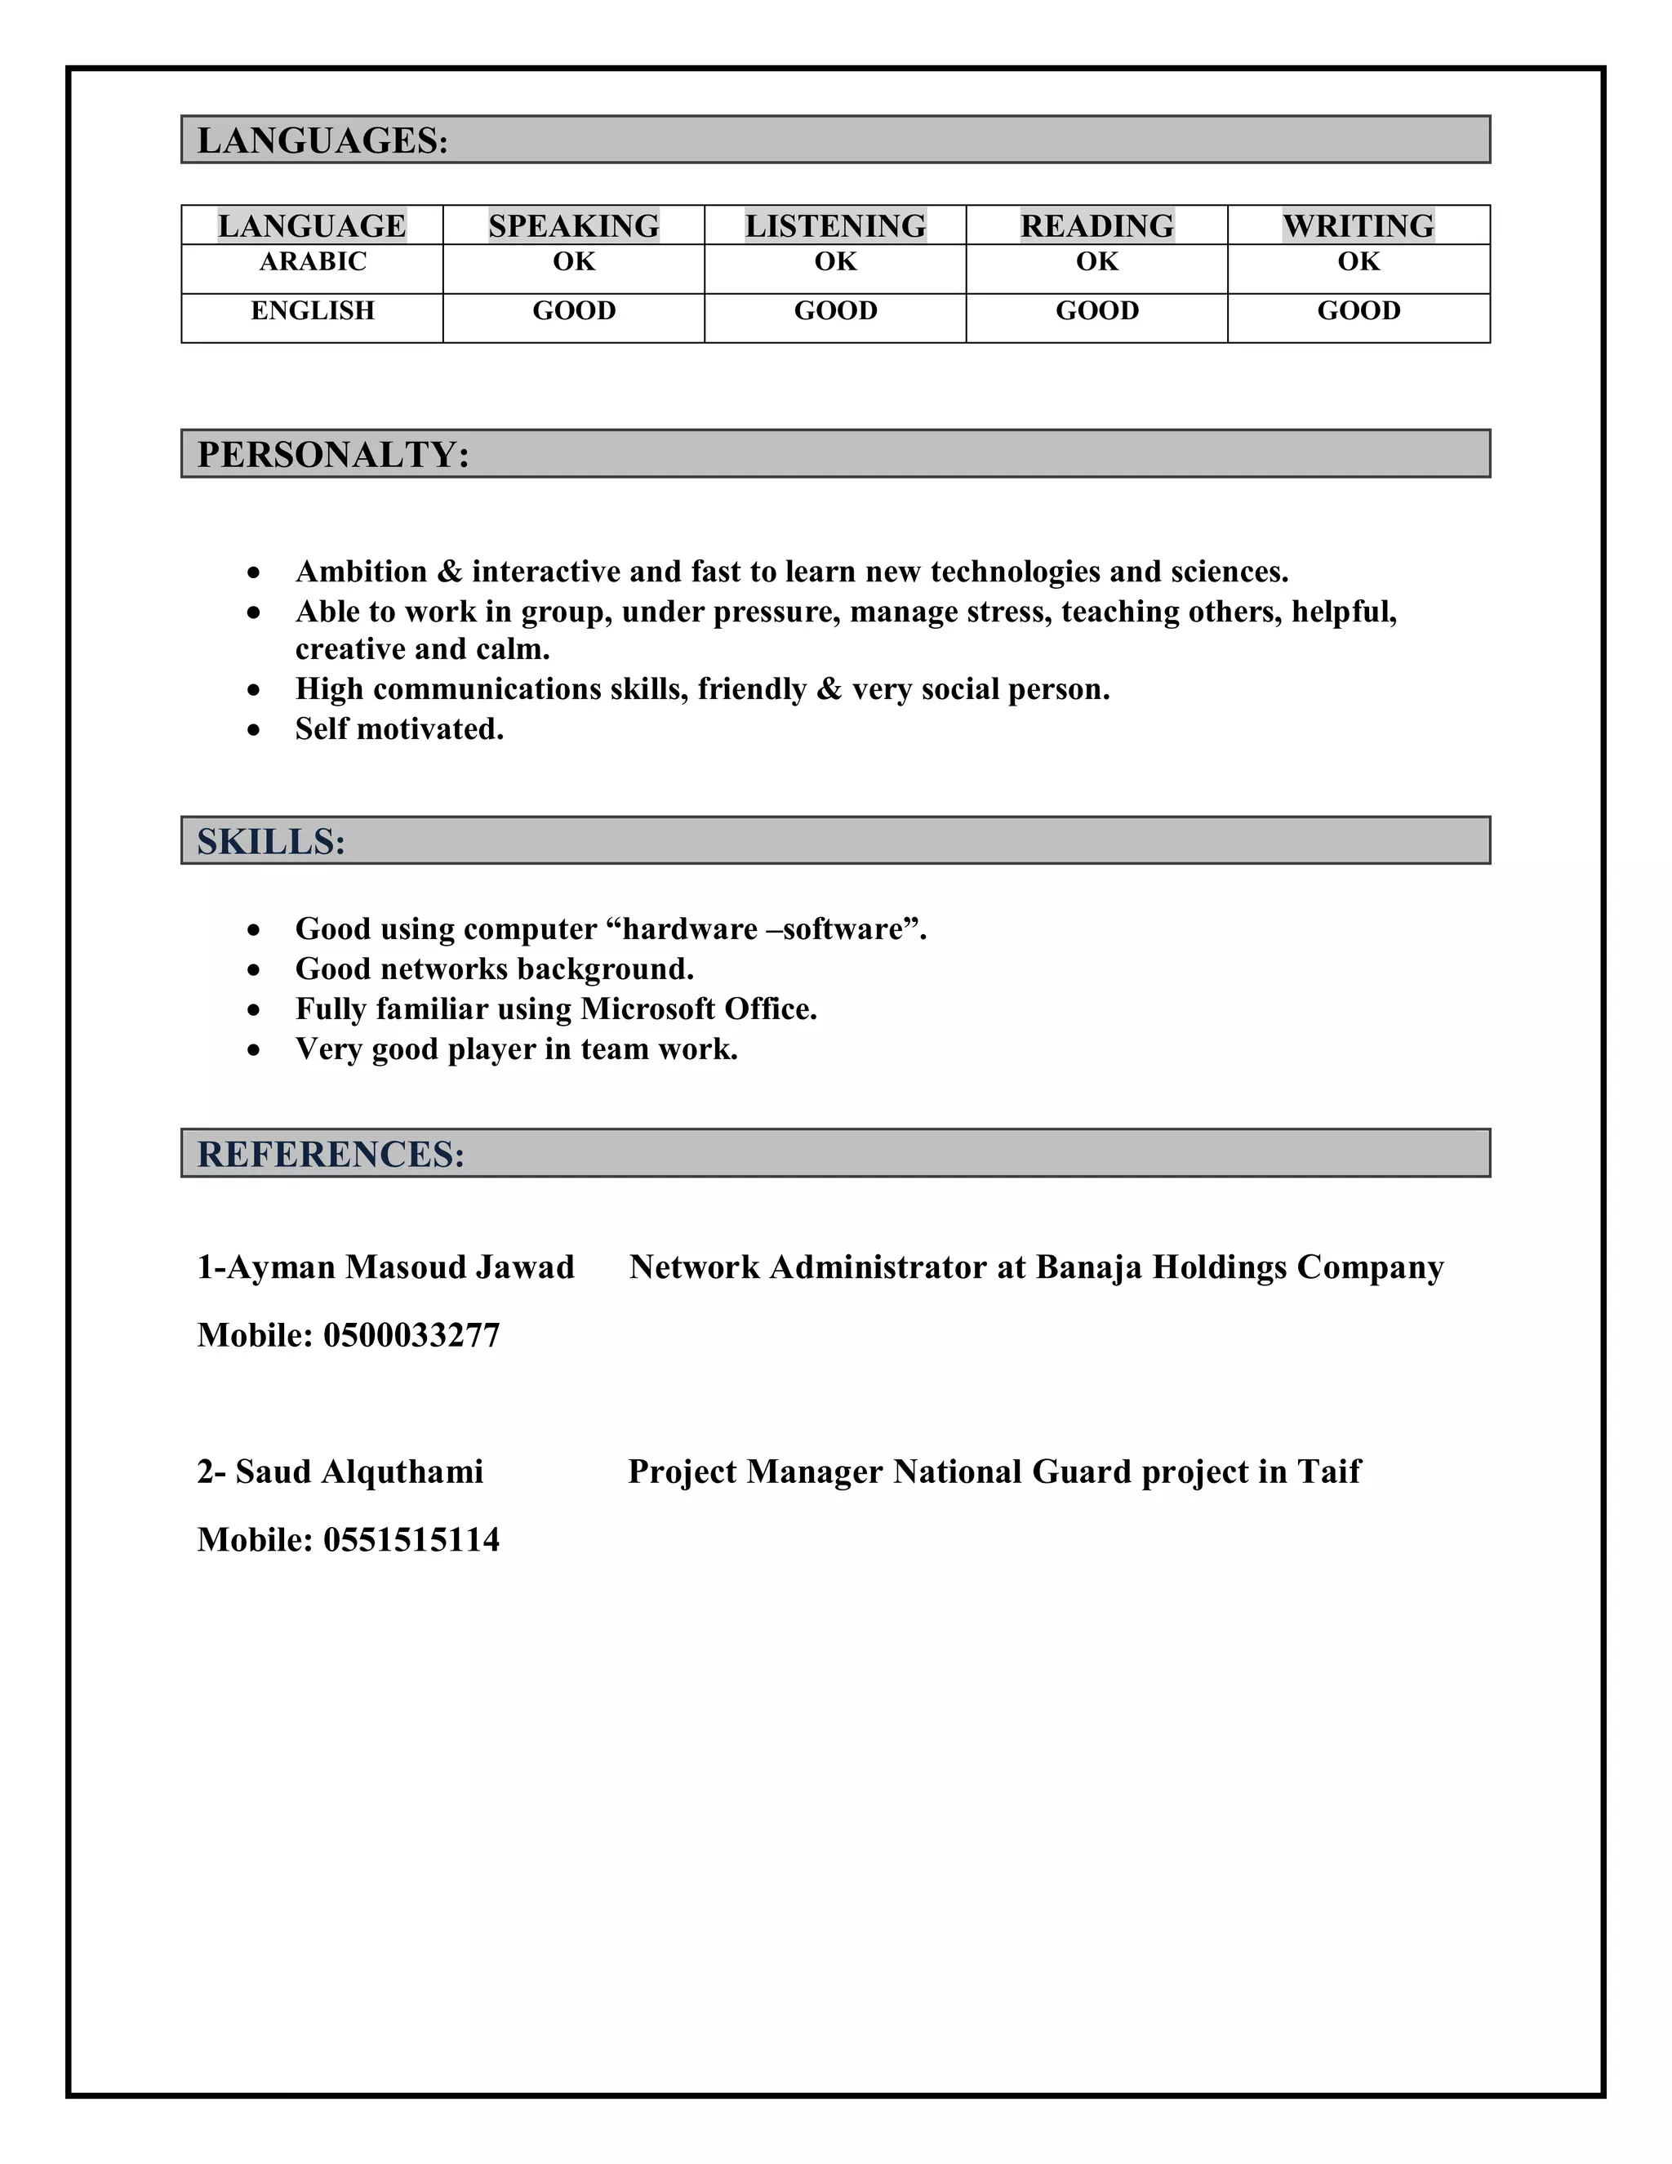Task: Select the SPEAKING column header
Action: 573,226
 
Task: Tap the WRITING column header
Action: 1358,226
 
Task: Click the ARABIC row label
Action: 312,261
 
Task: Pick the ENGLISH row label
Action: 312,311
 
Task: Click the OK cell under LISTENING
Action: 835,261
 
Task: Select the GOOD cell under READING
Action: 1096,311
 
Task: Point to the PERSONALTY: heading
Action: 333,455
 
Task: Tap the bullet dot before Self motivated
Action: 255,730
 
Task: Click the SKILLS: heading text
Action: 270,842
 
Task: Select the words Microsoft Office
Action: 698,1009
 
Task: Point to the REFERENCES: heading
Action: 331,1155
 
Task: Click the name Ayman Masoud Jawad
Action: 400,1267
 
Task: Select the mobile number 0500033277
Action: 411,1336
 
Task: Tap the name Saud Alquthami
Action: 358,1472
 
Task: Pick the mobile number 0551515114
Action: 411,1540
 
